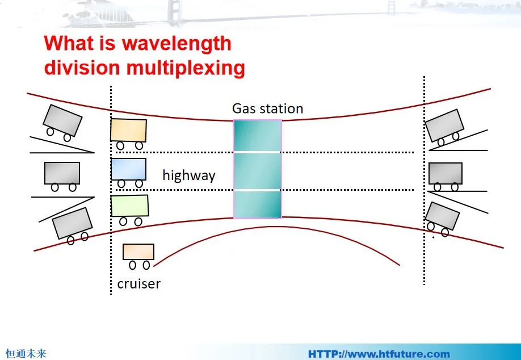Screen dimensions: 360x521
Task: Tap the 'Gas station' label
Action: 267,108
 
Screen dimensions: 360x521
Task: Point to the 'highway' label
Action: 188,175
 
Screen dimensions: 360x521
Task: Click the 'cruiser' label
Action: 138,283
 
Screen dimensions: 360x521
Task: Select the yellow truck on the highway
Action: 128,131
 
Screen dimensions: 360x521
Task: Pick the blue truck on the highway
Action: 128,169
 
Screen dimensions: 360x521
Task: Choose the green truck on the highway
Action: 129,206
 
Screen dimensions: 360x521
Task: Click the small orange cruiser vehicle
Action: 138,252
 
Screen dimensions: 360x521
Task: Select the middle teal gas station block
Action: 257,171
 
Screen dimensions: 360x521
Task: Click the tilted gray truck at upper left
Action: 62,120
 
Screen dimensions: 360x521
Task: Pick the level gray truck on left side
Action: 62,173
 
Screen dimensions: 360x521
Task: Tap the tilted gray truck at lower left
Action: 72,223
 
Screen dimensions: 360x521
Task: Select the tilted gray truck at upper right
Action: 445,125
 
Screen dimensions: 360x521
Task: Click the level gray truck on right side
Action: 445,174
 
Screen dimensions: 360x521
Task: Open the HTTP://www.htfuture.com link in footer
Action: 379,354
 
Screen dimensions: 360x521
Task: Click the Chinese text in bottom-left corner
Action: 26,354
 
